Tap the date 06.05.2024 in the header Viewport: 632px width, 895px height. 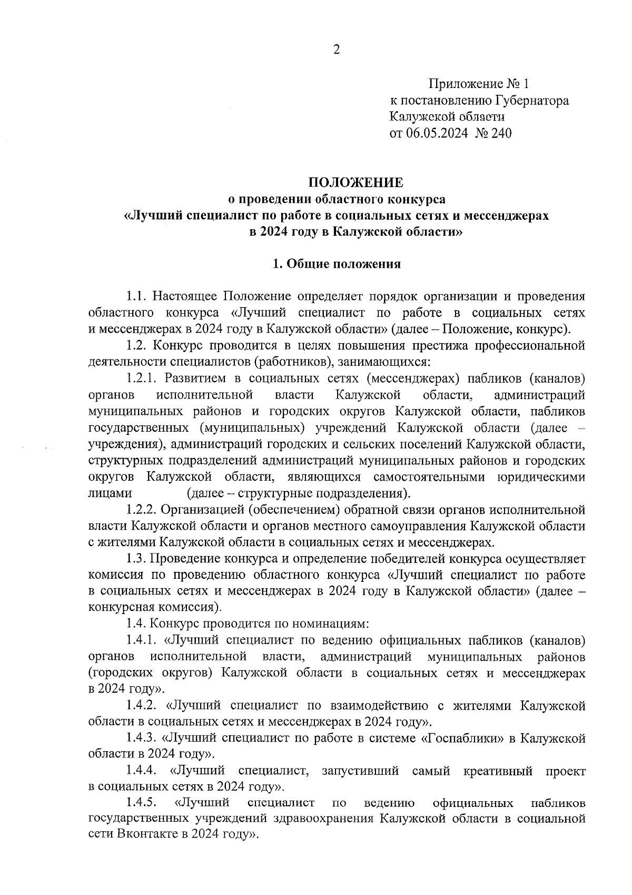(x=437, y=133)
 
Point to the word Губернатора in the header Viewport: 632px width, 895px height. (x=532, y=101)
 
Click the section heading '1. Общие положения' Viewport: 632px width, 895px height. (x=337, y=264)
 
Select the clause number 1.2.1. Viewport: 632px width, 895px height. (x=143, y=378)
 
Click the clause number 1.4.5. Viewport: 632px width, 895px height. (x=143, y=804)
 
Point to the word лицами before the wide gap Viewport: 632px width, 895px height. (x=109, y=494)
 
